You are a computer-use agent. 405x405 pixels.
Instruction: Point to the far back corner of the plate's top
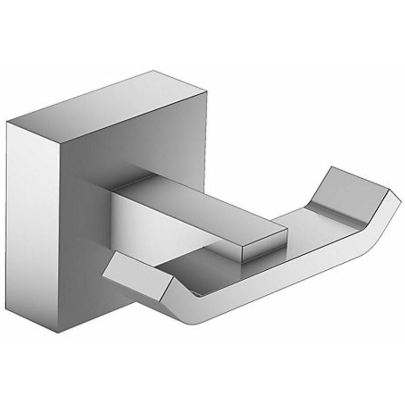152,72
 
